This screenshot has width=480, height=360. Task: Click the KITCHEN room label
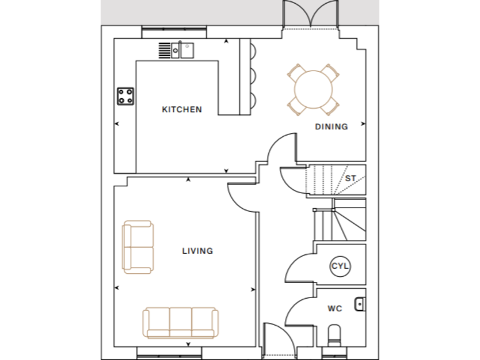(182, 109)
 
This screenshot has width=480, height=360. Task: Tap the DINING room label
(331, 126)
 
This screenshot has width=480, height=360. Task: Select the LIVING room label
(197, 251)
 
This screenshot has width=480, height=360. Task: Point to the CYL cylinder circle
(340, 266)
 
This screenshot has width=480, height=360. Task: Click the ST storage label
(351, 179)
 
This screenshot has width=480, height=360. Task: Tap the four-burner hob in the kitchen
(125, 96)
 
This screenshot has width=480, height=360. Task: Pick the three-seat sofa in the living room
(181, 322)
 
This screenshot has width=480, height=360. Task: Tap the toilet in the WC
(336, 334)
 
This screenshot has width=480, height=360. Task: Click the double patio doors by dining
(311, 15)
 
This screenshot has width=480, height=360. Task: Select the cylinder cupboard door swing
(299, 266)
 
